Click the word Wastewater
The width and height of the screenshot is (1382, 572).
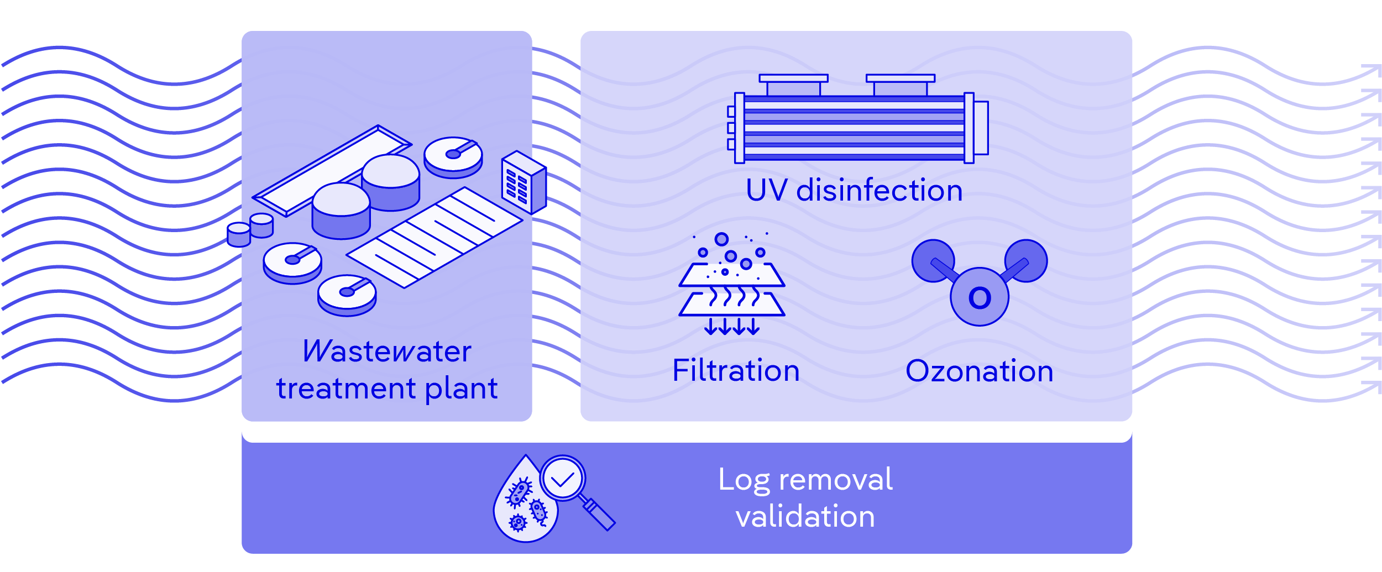387,351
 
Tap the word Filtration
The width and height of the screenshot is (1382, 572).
736,371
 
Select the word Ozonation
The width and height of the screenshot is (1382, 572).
979,371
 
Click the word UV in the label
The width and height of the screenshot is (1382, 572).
766,191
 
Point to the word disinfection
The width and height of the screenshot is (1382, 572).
879,191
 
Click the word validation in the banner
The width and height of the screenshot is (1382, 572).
805,517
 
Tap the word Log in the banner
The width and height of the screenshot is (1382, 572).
744,480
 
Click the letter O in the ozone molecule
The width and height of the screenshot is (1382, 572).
980,298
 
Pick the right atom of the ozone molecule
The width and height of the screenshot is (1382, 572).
1027,260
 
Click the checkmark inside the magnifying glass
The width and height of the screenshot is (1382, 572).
563,478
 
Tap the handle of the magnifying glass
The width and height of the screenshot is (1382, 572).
599,513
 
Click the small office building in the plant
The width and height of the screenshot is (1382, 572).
523,182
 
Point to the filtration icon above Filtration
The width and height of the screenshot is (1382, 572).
731,285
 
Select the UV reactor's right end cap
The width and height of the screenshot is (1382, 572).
981,128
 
